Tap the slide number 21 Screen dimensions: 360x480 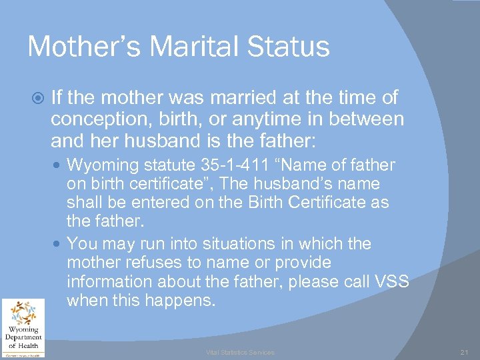pyautogui.click(x=465, y=352)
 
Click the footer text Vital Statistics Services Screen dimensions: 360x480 pyautogui.click(x=239, y=352)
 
